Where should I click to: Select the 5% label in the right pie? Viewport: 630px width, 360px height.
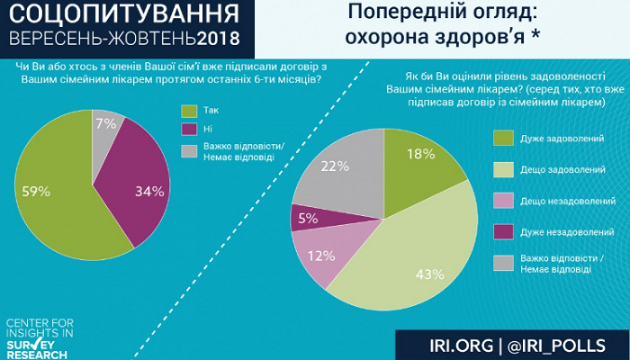pyautogui.click(x=306, y=217)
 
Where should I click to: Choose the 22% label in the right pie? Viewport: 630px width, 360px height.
pyautogui.click(x=334, y=166)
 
